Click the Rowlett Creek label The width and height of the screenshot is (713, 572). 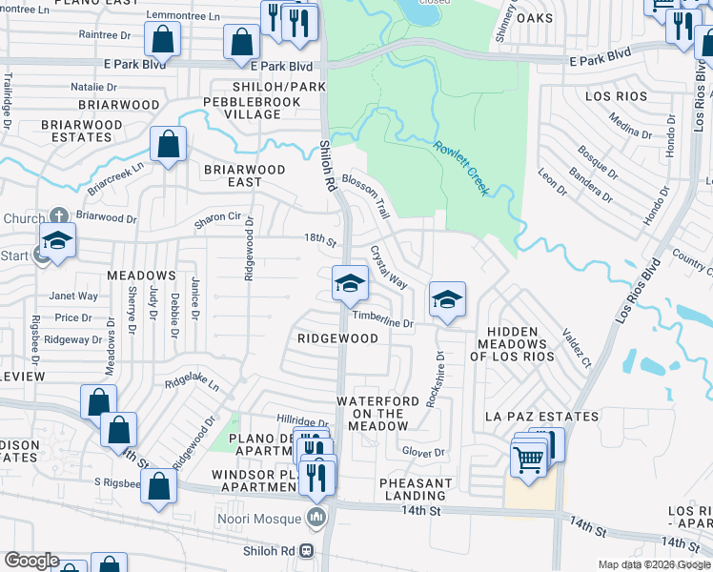[462, 169]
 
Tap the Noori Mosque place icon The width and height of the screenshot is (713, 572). [317, 518]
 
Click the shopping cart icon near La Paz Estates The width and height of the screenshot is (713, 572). [529, 459]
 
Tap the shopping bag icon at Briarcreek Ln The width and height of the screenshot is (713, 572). [169, 146]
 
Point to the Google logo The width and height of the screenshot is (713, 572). [31, 561]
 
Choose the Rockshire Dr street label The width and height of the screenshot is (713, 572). [436, 379]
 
